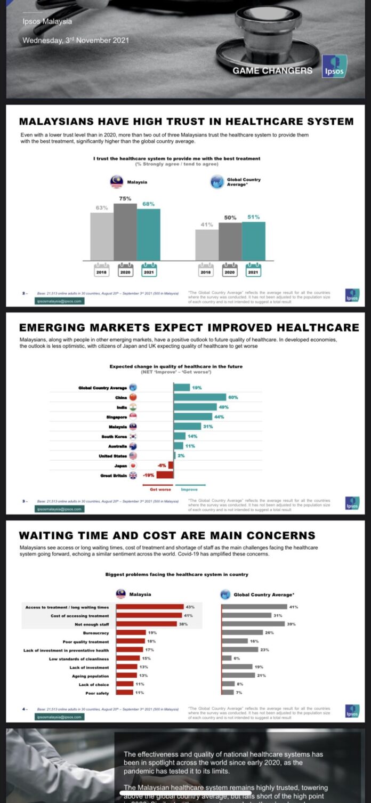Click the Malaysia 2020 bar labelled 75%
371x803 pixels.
coord(125,232)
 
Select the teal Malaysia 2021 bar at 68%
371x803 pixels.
coord(149,235)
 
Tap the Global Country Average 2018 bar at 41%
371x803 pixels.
coord(206,245)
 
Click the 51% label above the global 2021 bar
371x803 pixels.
coord(253,217)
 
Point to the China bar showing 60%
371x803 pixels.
coord(200,397)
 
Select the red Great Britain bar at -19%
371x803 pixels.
coord(165,475)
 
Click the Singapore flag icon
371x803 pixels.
coord(133,416)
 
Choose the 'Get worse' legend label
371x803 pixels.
coord(160,489)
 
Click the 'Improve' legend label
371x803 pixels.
coord(189,489)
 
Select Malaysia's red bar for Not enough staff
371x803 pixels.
coord(146,624)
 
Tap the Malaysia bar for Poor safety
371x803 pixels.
coord(125,693)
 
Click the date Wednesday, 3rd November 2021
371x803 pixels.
coord(75,40)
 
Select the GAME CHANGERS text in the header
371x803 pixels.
coord(272,70)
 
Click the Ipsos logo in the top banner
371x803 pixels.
coord(334,67)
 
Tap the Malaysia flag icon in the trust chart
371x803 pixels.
coord(117,182)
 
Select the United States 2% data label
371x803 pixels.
coord(181,455)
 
